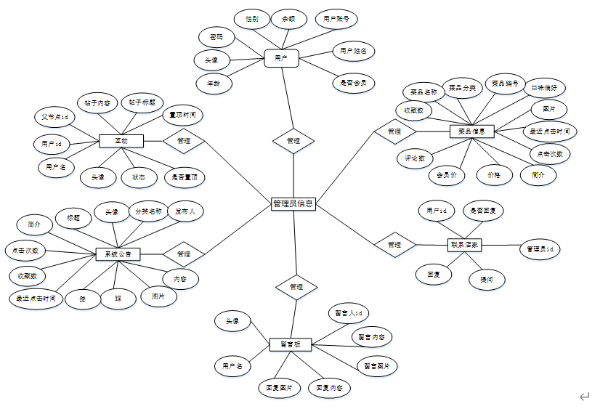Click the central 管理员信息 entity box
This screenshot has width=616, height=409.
coord(293,204)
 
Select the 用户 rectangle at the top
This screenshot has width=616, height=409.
coord(282,58)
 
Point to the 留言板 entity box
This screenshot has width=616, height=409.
coord(291,344)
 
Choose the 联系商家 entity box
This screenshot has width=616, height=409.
coord(465,246)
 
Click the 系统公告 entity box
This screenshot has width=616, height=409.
coord(118,254)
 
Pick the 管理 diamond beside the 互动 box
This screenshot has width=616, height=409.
coord(183,141)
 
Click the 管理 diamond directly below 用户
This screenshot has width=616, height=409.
coord(293,141)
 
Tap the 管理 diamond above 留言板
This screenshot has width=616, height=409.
coord(296,287)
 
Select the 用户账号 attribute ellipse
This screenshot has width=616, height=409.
coord(336,19)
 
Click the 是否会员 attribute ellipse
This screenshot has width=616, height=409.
coord(354,84)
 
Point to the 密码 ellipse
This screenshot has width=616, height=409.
coord(216,36)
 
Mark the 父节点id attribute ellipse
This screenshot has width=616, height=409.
coord(54,116)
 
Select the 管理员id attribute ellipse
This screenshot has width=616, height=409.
coord(540,249)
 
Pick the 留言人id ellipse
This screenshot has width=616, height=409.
coord(348,313)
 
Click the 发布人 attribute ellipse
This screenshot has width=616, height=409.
coord(186,211)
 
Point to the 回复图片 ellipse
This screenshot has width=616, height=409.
coord(279,389)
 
